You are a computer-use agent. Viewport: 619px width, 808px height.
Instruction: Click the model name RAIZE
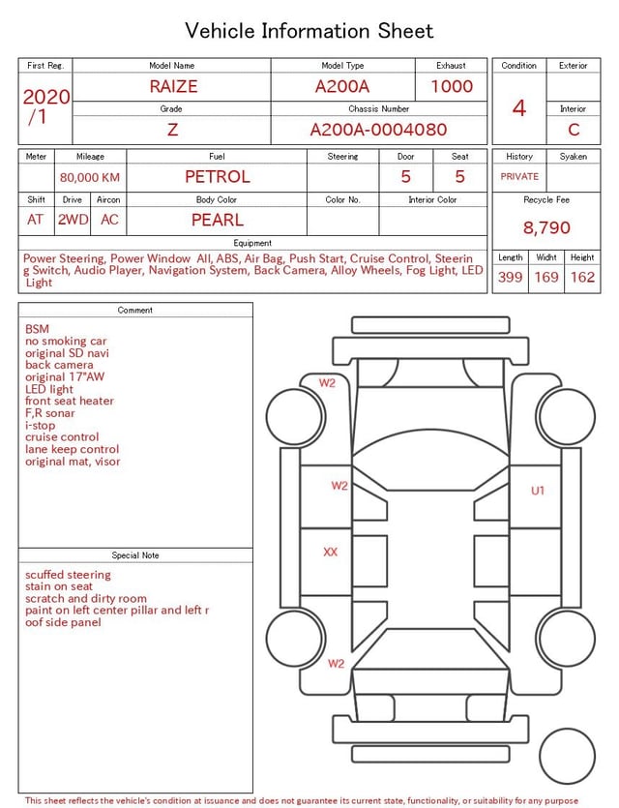(x=173, y=86)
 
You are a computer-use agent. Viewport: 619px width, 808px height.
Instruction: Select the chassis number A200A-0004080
(x=378, y=130)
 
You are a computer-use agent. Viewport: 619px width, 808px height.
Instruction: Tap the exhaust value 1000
(x=452, y=86)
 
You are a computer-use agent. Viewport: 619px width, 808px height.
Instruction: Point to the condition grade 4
(x=519, y=108)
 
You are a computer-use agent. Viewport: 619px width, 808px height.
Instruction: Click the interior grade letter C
(x=574, y=130)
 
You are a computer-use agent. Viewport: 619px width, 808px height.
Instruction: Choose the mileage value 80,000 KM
(x=90, y=178)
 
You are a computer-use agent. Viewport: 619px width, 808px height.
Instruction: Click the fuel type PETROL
(x=218, y=177)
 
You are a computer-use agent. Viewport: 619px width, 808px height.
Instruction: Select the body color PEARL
(x=218, y=220)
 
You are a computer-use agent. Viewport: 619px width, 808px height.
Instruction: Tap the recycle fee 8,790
(x=546, y=227)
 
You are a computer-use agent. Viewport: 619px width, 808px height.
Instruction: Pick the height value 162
(x=582, y=277)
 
